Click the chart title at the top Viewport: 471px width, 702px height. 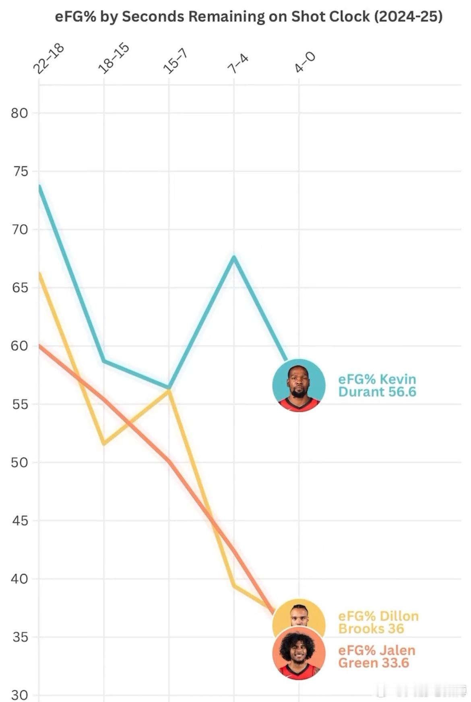(x=248, y=17)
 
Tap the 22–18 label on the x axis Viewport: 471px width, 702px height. (x=48, y=59)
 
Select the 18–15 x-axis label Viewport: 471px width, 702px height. (x=114, y=59)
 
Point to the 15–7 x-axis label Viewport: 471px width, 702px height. (x=175, y=61)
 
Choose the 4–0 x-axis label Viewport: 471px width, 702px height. (x=305, y=62)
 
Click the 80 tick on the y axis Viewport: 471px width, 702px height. (x=19, y=113)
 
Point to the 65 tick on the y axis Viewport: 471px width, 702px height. (x=19, y=288)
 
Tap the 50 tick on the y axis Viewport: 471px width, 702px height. (x=19, y=462)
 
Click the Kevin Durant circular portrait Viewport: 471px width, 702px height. (x=299, y=385)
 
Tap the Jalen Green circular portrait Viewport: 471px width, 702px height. (x=299, y=653)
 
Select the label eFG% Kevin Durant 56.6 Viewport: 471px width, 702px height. (x=377, y=385)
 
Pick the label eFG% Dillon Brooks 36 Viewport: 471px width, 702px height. (x=378, y=622)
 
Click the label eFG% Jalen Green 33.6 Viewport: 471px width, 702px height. (x=376, y=656)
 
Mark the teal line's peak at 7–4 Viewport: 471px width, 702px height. (x=234, y=257)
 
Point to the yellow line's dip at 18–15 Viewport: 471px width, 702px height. (x=104, y=444)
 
